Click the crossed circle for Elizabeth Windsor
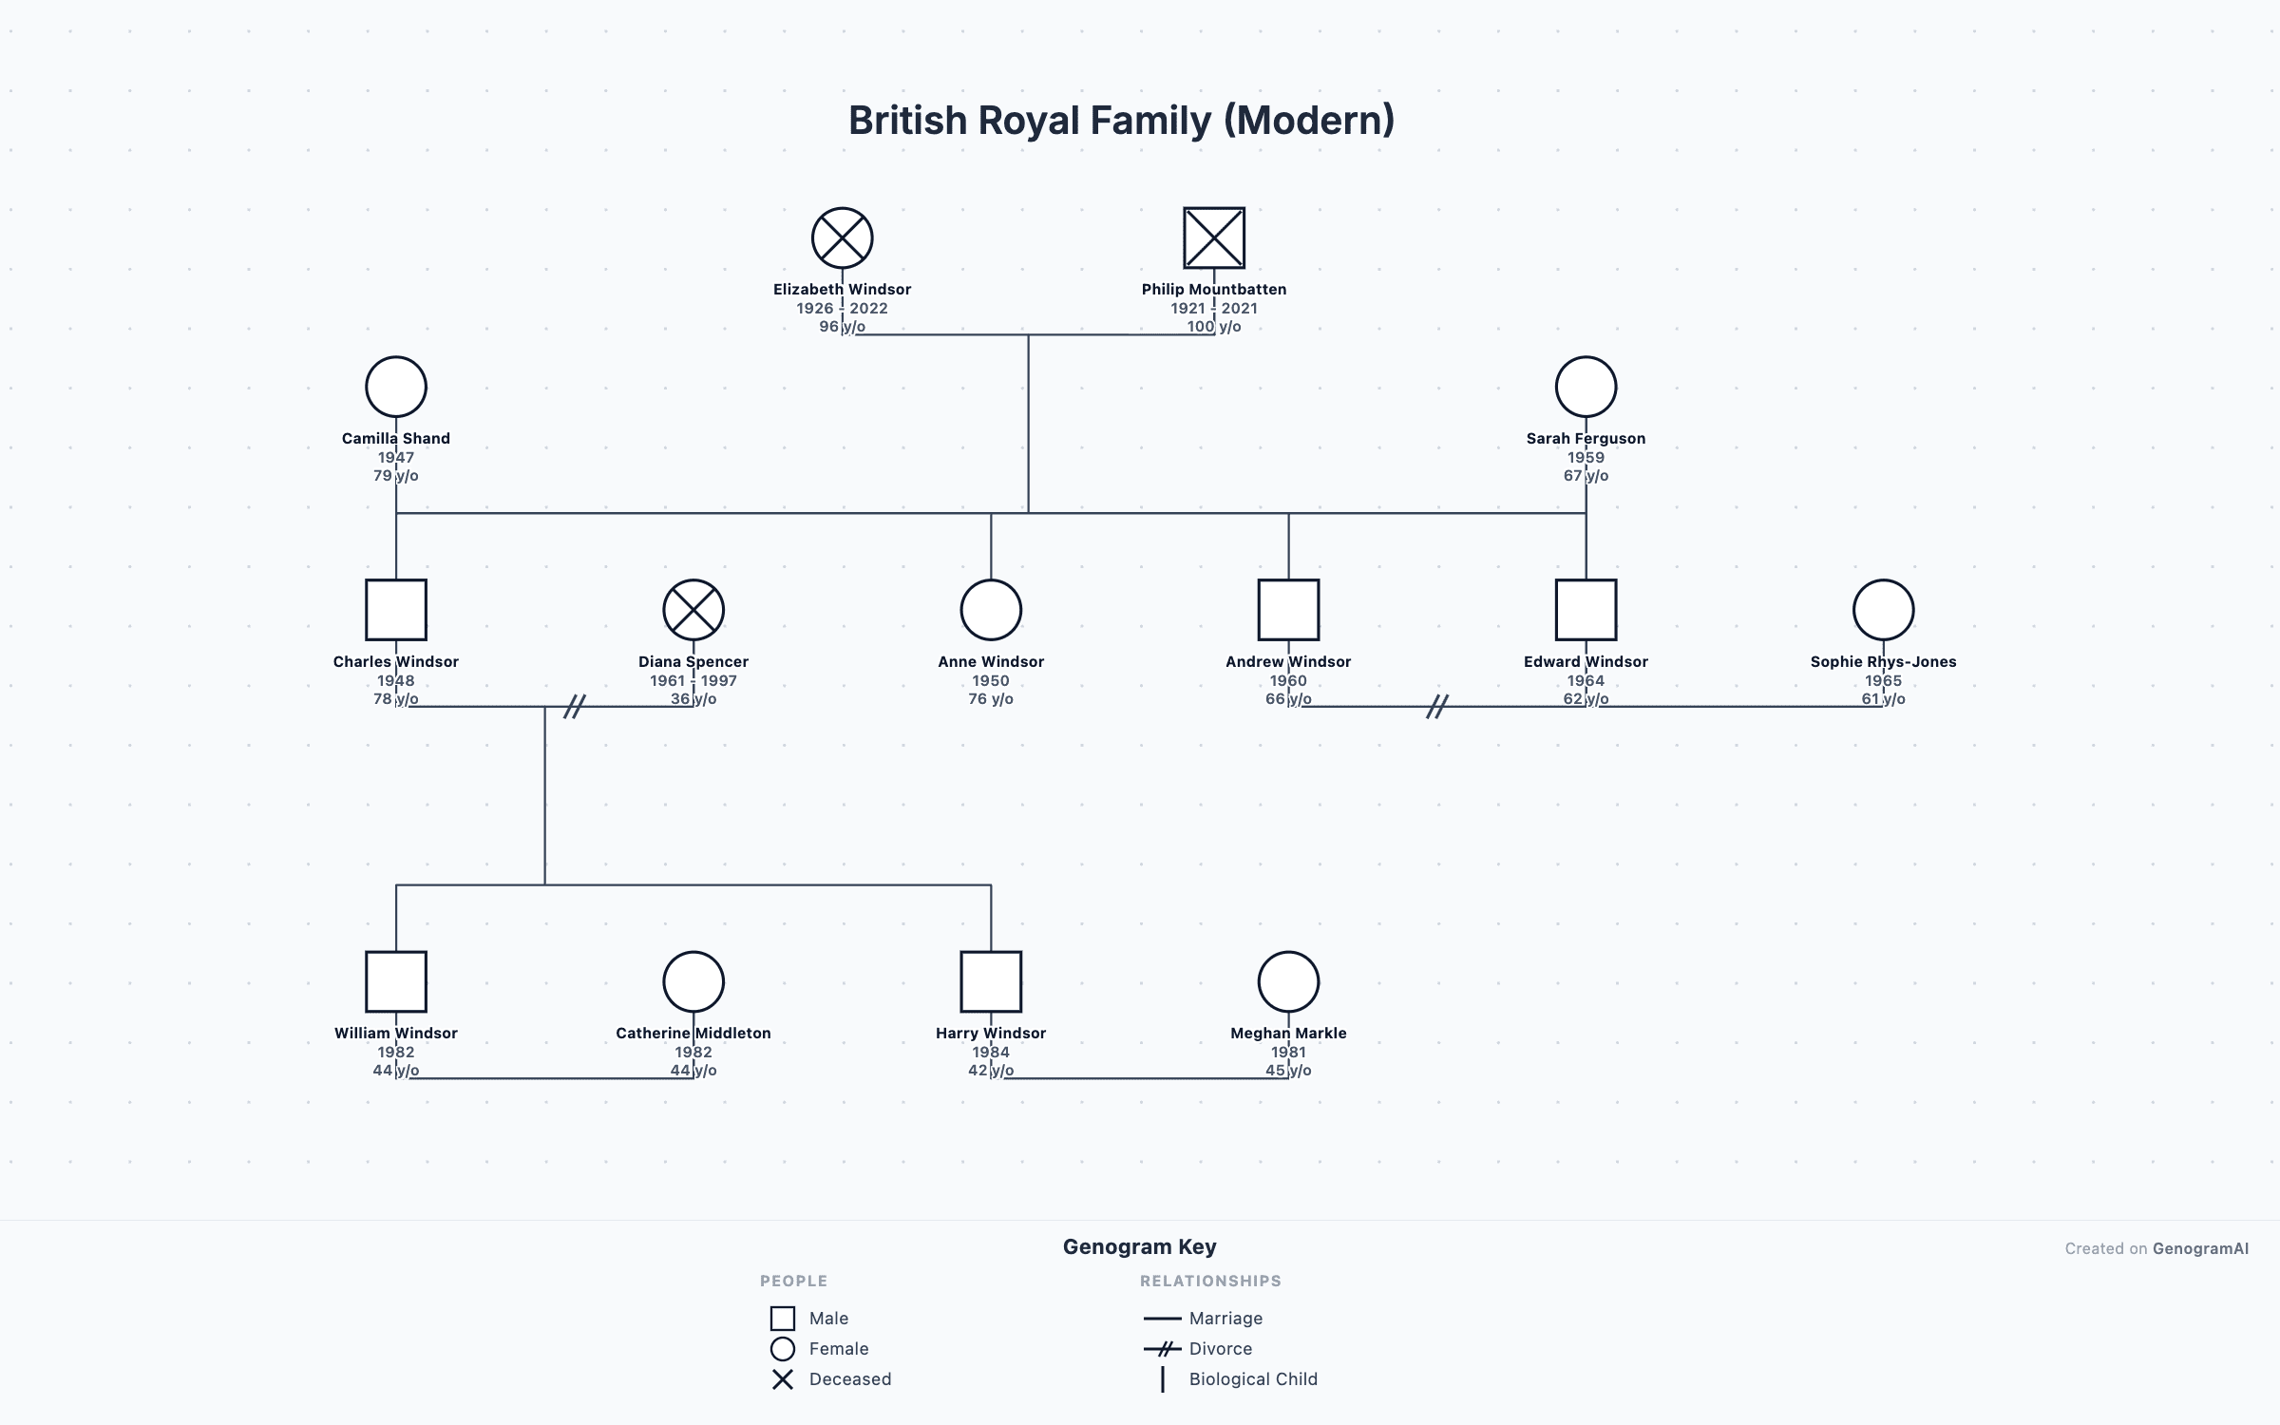pos(842,237)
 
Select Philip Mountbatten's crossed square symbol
pos(1214,237)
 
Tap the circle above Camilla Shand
pos(396,387)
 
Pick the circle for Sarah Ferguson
pos(1586,387)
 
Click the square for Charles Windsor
pos(396,610)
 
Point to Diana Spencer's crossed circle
pos(693,610)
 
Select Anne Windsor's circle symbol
pos(991,610)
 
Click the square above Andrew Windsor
pos(1288,610)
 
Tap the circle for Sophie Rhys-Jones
pos(1883,610)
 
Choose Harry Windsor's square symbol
pos(991,981)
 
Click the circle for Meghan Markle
pos(1288,981)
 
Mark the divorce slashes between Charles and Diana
pos(574,706)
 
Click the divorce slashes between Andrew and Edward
pos(1437,706)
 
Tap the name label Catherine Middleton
pos(693,1033)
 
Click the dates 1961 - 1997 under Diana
pos(693,680)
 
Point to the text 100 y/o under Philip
pos(1214,327)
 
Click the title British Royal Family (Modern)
pos(1121,121)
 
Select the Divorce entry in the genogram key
pos(1220,1349)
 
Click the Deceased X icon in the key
pos(783,1379)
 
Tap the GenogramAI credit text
pos(2200,1248)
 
